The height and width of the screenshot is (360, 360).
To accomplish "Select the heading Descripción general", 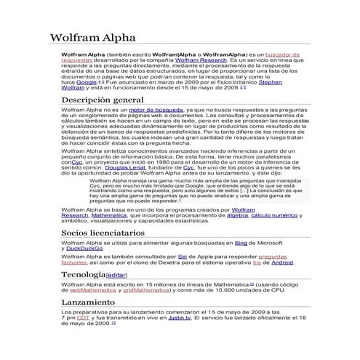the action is coord(102,99).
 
